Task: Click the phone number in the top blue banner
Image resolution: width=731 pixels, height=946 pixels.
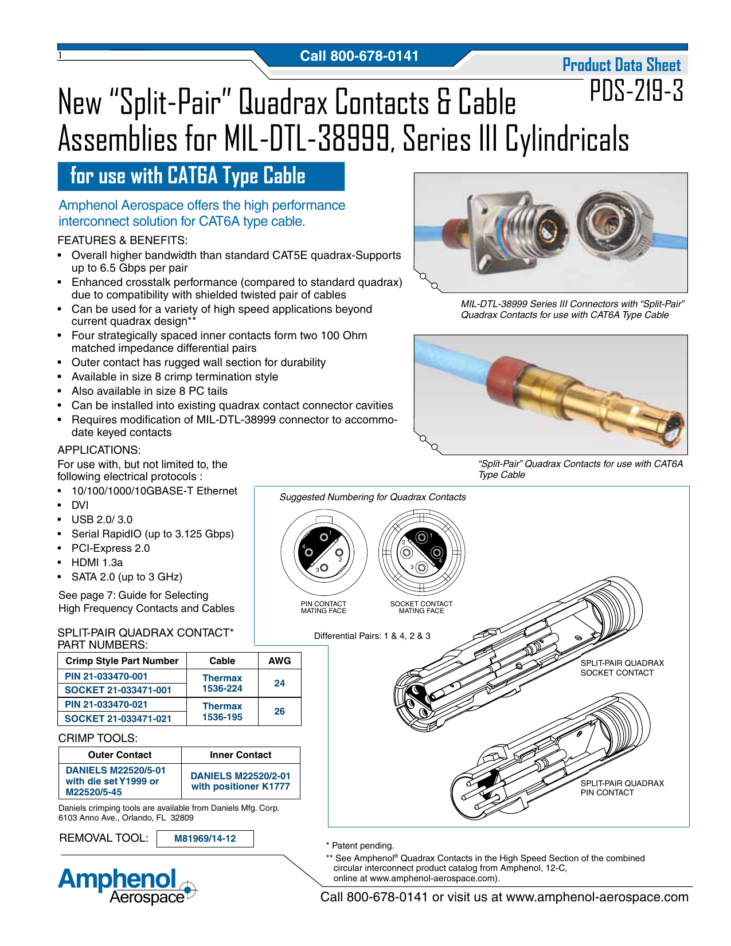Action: point(359,56)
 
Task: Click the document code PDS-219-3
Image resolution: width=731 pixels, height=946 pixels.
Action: point(636,91)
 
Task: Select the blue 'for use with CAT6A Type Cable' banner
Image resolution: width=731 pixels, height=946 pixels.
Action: point(201,176)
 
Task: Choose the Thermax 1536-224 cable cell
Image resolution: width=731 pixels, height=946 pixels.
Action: point(222,683)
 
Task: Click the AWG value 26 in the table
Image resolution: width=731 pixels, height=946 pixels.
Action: point(279,711)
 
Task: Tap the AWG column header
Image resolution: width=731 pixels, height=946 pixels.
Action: point(279,661)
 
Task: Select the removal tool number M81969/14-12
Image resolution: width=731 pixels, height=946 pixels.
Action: point(205,838)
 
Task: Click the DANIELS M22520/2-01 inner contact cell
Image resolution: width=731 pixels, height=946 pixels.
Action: point(240,781)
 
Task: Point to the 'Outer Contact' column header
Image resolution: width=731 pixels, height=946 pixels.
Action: point(120,755)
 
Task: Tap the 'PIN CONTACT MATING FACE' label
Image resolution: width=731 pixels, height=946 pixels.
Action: point(323,607)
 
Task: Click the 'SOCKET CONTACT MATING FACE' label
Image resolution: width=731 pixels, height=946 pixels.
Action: point(421,607)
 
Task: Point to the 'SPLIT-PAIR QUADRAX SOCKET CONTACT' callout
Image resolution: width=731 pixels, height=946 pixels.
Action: point(622,668)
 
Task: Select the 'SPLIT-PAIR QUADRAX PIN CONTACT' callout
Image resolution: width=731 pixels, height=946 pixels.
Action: point(622,788)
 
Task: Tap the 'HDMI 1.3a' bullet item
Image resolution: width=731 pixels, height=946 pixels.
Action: point(97,563)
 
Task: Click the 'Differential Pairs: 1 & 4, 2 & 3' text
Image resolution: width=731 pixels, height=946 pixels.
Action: point(372,636)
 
